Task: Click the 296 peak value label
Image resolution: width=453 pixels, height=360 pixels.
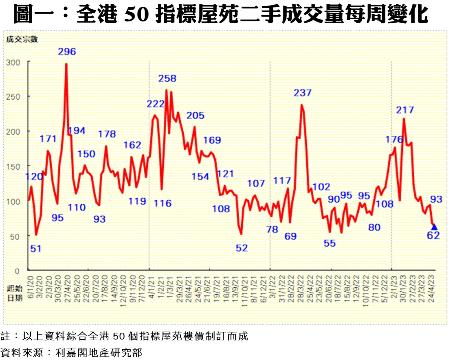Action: coord(67,52)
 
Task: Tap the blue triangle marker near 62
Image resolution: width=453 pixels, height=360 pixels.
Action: coord(434,227)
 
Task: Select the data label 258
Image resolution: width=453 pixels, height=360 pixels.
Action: coord(167,78)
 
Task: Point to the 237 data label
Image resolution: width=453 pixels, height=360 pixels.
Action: coord(303,93)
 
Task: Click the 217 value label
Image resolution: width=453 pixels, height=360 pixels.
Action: coord(405,110)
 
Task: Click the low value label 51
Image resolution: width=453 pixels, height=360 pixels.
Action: coord(35,249)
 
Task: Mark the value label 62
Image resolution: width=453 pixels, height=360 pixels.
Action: coord(433,235)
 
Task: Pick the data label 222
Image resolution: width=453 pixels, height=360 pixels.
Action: coord(155,104)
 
